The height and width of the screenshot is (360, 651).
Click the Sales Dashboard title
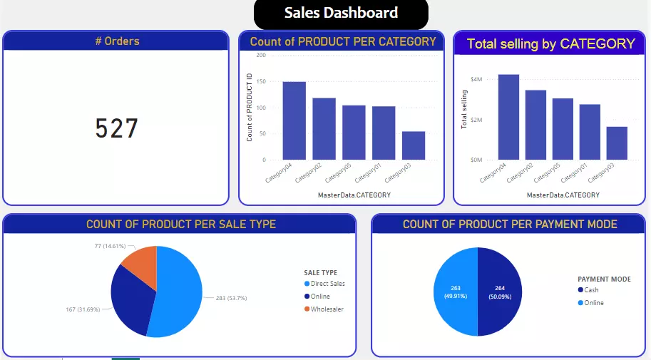click(x=341, y=13)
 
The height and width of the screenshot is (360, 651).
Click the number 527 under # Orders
click(x=117, y=128)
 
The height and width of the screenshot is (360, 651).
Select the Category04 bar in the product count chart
click(x=294, y=120)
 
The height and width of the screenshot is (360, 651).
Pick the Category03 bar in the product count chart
click(x=413, y=145)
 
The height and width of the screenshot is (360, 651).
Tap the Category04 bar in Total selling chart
click(x=508, y=117)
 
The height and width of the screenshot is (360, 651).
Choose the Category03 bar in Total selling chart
click(x=617, y=143)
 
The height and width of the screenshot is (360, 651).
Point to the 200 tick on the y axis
click(x=261, y=55)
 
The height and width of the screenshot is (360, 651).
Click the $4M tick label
click(x=476, y=79)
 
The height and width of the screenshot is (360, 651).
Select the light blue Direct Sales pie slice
click(x=178, y=292)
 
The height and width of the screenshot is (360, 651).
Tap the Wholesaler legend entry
click(x=327, y=309)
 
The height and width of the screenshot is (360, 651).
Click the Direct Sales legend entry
click(x=327, y=284)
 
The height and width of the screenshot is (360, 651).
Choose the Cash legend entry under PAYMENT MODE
click(x=591, y=290)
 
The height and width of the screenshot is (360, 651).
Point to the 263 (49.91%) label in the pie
click(x=456, y=292)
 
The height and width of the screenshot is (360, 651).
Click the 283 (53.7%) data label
click(x=231, y=298)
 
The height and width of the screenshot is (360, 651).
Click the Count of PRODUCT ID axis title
click(x=250, y=108)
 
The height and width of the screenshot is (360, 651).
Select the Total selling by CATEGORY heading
click(x=550, y=43)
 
